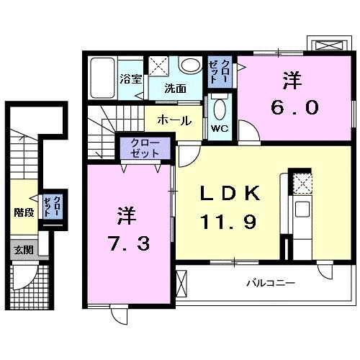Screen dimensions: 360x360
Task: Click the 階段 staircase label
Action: pos(24,212)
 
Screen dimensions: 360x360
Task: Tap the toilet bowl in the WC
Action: pos(220,109)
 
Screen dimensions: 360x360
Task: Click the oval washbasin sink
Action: pos(191,66)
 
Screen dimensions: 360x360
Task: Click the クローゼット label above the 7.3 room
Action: pos(145,149)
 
